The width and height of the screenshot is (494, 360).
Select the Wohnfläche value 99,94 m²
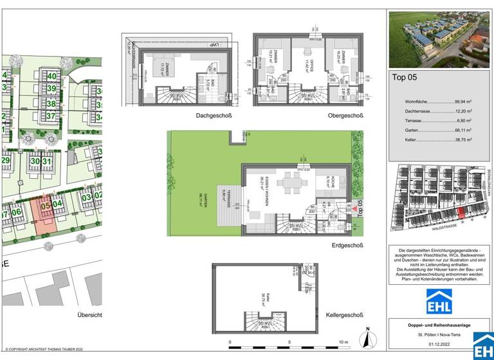click(x=462, y=102)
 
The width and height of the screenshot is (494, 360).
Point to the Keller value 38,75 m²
click(x=462, y=139)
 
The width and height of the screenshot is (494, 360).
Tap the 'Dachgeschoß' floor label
click(x=214, y=116)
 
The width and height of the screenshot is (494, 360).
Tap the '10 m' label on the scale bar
click(x=343, y=342)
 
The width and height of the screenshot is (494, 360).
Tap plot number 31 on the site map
click(x=46, y=161)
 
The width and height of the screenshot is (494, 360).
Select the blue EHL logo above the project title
click(x=439, y=301)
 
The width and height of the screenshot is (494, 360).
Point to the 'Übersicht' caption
click(x=89, y=315)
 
